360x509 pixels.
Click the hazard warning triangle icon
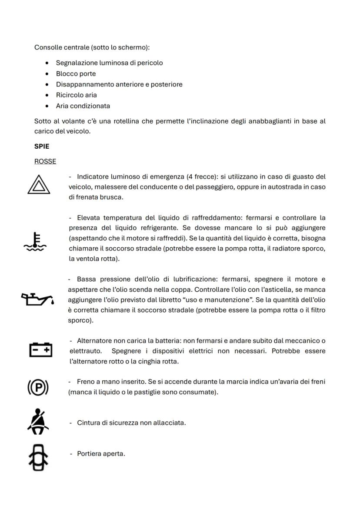38,185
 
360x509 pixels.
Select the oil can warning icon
38,299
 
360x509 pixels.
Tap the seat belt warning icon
38,422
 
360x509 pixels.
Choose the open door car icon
38,458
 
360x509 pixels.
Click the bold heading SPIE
42,146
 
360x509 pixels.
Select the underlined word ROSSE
45,161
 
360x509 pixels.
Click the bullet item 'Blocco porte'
76,73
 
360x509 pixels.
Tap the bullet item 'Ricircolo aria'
76,95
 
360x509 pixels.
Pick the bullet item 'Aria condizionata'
83,106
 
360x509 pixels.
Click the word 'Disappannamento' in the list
85,84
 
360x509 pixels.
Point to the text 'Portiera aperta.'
101,454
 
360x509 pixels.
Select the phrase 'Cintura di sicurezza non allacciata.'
131,423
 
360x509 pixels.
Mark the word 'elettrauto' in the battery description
85,351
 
